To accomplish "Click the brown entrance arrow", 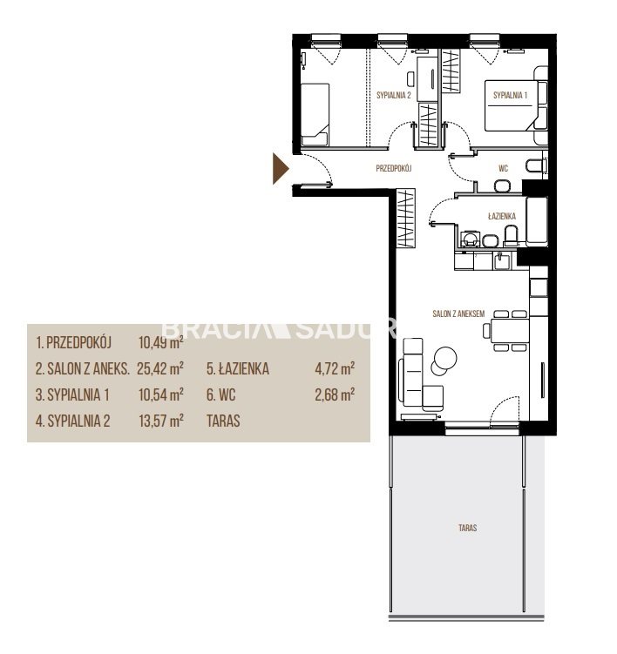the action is (280, 168).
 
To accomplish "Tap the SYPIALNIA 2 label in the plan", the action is (394, 95).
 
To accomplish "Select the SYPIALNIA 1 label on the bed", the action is (510, 95).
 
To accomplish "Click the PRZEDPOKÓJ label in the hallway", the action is (394, 168).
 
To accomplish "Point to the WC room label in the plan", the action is (503, 168).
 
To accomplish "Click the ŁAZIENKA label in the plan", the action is (502, 216).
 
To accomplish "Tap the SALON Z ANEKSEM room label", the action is (458, 314).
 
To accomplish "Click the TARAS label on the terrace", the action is (468, 528).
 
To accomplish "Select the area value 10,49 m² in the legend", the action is (161, 343).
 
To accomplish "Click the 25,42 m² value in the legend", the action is (160, 368).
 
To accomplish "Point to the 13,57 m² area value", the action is (161, 421).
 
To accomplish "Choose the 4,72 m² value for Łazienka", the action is (335, 368).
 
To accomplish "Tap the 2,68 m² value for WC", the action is (335, 394).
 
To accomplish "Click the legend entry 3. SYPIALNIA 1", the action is (72, 394).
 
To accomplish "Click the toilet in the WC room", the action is (537, 166).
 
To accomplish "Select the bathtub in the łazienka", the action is (537, 221).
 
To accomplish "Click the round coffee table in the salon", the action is (445, 358).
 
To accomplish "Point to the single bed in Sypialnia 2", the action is (315, 114).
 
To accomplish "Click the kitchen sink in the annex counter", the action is (501, 261).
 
